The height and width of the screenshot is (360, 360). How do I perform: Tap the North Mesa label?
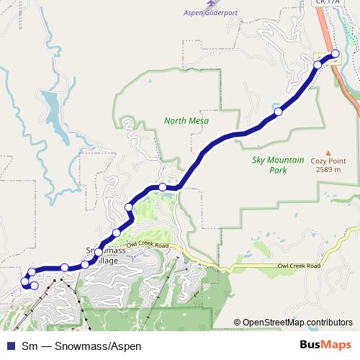186,121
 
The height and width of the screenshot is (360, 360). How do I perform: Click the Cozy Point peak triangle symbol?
328,153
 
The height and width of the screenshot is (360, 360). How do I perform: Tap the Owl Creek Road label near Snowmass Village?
147,246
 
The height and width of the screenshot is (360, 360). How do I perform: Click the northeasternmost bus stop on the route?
335,54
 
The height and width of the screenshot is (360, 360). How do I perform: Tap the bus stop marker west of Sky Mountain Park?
278,112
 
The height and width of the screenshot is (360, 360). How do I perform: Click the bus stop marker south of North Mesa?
163,187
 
